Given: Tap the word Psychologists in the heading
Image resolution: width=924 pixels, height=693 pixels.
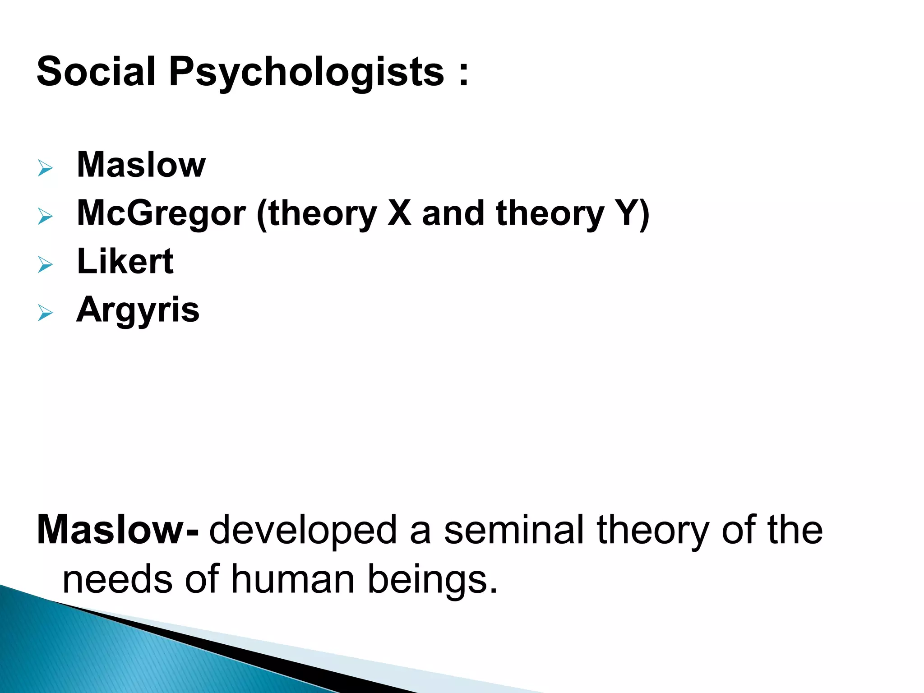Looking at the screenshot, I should pyautogui.click(x=306, y=72).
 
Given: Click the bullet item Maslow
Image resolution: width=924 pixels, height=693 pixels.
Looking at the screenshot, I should pyautogui.click(x=141, y=165).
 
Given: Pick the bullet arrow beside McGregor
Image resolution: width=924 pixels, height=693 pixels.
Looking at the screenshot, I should pyautogui.click(x=45, y=217).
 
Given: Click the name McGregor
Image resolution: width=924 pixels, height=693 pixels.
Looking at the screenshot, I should pyautogui.click(x=162, y=213).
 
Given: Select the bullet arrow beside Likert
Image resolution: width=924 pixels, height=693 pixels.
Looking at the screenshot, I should pyautogui.click(x=45, y=265).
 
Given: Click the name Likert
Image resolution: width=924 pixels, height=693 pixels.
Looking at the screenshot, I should pyautogui.click(x=125, y=261).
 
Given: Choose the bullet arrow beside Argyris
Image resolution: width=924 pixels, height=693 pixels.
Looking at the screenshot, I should pyautogui.click(x=45, y=313).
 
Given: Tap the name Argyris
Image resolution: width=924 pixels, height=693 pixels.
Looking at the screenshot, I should pyautogui.click(x=138, y=310).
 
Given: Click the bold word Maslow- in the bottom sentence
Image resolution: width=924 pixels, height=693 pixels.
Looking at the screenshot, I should pyautogui.click(x=117, y=530).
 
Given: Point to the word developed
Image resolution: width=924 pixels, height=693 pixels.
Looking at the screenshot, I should pyautogui.click(x=303, y=531).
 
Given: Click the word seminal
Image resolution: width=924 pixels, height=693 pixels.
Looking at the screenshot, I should pyautogui.click(x=514, y=530).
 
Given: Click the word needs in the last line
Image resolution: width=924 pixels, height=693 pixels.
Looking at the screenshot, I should pyautogui.click(x=117, y=580).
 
